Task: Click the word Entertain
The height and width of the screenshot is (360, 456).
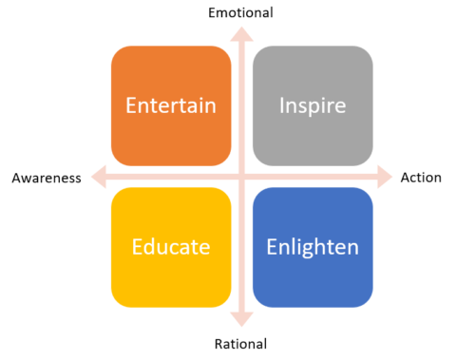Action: [x=171, y=104]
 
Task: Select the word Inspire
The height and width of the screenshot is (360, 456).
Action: [x=312, y=104]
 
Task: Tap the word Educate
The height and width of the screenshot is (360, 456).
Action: [x=171, y=247]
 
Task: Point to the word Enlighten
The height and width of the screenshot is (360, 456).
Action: [x=312, y=247]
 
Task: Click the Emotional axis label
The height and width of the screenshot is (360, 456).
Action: [x=240, y=12]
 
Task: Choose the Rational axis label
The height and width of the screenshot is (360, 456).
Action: [x=240, y=344]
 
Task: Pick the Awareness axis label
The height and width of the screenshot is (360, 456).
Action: [x=46, y=178]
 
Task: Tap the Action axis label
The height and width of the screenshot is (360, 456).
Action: [x=420, y=178]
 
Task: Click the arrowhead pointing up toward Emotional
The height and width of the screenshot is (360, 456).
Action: [x=241, y=32]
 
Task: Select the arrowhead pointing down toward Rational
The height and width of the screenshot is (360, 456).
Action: [x=241, y=323]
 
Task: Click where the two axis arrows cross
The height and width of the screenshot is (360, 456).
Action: [x=241, y=178]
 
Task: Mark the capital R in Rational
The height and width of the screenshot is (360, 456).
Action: [x=218, y=344]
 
